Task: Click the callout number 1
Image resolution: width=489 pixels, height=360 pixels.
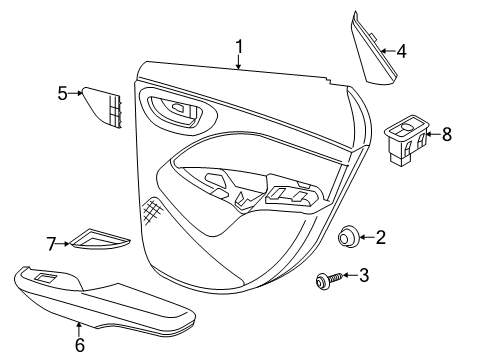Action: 239,46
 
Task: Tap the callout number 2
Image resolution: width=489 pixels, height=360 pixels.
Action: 380,237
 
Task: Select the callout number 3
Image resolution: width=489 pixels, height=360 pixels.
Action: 364,274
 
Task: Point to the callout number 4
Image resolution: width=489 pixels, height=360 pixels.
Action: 401,50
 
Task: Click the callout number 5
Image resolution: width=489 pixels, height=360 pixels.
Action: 62,93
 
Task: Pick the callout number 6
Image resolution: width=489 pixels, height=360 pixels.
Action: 79,347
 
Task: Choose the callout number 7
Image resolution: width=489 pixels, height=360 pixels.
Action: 52,242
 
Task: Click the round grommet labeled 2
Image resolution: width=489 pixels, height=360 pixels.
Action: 349,237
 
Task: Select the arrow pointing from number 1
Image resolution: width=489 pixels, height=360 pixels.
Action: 239,64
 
